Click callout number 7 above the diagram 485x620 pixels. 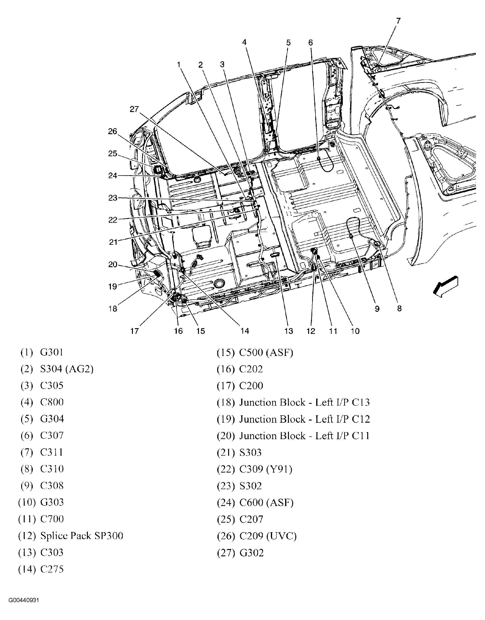[x=398, y=21]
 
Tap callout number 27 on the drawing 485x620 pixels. [x=134, y=109]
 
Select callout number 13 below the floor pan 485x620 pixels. [x=288, y=331]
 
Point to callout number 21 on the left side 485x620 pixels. [x=113, y=242]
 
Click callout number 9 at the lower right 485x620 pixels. [x=377, y=309]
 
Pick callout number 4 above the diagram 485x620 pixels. [x=244, y=42]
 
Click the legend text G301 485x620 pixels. [x=52, y=352]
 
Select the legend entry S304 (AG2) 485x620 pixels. [x=67, y=369]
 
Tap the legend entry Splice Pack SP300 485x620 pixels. [x=82, y=536]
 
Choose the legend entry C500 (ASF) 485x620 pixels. [x=266, y=352]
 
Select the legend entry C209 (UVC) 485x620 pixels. [x=268, y=536]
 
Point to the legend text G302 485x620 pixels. [x=252, y=553]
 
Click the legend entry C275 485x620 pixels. [x=52, y=569]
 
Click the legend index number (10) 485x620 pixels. [x=27, y=502]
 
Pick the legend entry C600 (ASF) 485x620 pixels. [x=266, y=503]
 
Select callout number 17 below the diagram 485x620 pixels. [x=134, y=331]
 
